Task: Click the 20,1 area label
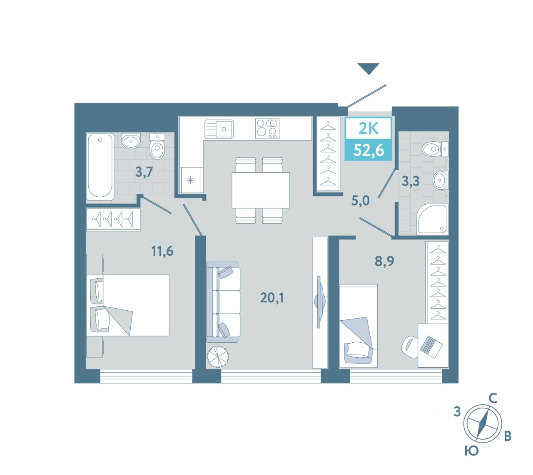(272, 297)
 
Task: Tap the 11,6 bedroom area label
(162, 251)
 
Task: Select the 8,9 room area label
(384, 261)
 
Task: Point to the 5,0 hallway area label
(361, 200)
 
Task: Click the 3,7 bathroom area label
(144, 172)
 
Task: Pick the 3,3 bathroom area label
(411, 181)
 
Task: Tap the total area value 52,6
(369, 150)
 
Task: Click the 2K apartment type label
(369, 129)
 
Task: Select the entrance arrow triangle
(368, 69)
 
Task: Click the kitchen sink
(219, 129)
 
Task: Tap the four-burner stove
(267, 129)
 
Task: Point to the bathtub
(100, 167)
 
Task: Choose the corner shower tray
(432, 219)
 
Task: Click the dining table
(260, 190)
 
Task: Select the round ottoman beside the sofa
(217, 357)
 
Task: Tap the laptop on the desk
(431, 347)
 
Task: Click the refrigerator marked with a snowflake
(191, 180)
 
